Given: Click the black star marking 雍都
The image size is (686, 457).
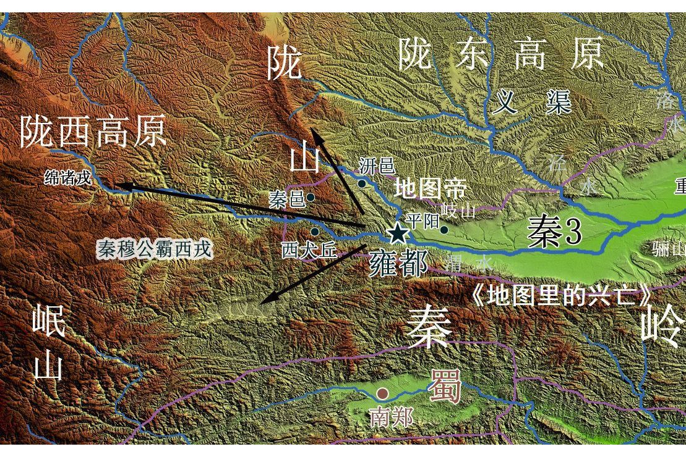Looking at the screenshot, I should [x=398, y=233].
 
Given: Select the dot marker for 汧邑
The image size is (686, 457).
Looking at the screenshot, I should [x=362, y=183].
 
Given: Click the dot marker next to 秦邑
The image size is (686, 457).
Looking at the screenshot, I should [x=311, y=198].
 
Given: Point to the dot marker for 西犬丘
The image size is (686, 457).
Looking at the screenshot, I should [x=315, y=232].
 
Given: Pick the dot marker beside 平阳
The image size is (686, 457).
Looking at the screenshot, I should [x=444, y=230].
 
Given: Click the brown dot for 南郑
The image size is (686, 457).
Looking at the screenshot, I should [x=383, y=393].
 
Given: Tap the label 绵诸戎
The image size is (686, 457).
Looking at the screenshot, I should [x=68, y=178].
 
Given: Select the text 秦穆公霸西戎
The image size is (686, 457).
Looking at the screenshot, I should [x=155, y=249].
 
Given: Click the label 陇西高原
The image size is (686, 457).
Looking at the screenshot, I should [x=93, y=131].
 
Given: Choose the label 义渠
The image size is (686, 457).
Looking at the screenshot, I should [x=531, y=102].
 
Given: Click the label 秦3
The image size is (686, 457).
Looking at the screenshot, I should [x=554, y=233].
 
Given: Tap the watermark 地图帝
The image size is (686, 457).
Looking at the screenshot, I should [x=430, y=189].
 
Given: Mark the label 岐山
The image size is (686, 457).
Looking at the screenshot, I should [x=459, y=211].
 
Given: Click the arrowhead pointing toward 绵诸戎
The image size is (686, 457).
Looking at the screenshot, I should [x=118, y=185].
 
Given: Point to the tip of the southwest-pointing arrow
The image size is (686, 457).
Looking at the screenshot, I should [x=262, y=303].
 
